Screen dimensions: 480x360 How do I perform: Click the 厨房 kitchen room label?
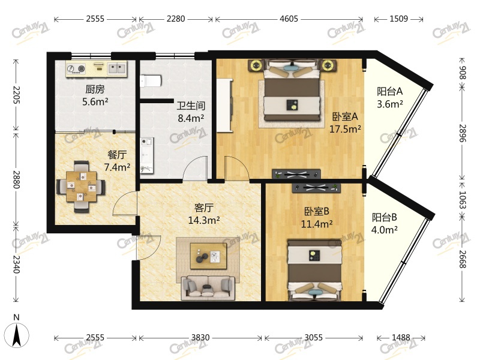click(x=95, y=89)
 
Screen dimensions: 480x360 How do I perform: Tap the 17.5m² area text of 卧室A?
click(x=345, y=129)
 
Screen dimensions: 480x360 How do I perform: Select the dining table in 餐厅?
click(x=82, y=186)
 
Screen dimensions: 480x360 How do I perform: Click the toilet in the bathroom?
click(x=151, y=81)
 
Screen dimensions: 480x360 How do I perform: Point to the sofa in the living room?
click(x=208, y=288)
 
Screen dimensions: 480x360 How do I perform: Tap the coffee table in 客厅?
click(x=208, y=256)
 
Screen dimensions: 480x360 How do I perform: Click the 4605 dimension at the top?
click(x=289, y=19)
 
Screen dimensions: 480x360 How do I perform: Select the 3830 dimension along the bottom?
click(x=200, y=337)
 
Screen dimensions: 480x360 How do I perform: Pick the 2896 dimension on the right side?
click(x=462, y=133)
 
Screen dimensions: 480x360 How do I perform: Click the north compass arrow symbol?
click(x=17, y=335)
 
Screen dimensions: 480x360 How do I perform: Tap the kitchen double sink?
click(x=117, y=68)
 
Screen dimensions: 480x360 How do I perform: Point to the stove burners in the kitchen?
click(x=76, y=69)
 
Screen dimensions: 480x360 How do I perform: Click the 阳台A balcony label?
click(x=389, y=91)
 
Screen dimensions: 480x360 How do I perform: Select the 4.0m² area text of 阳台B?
click(x=385, y=230)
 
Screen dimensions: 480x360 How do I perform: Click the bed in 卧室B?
click(x=314, y=269)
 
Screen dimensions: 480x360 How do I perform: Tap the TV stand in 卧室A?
click(x=296, y=174)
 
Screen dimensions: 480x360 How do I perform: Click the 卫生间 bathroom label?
click(x=191, y=106)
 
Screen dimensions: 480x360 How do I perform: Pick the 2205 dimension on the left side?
click(x=16, y=95)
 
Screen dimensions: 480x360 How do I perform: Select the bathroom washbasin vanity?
click(x=147, y=155)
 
